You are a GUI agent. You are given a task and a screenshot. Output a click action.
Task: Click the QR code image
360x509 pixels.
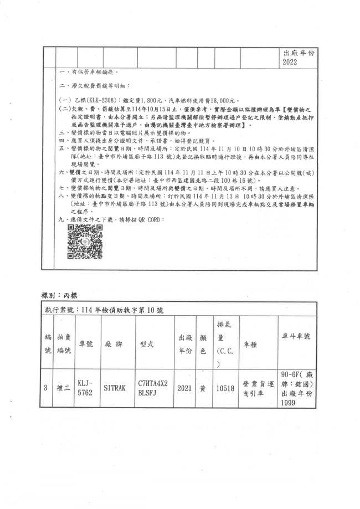point(85,243)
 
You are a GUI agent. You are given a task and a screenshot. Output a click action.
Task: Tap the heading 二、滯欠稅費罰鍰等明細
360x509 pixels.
point(95,86)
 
